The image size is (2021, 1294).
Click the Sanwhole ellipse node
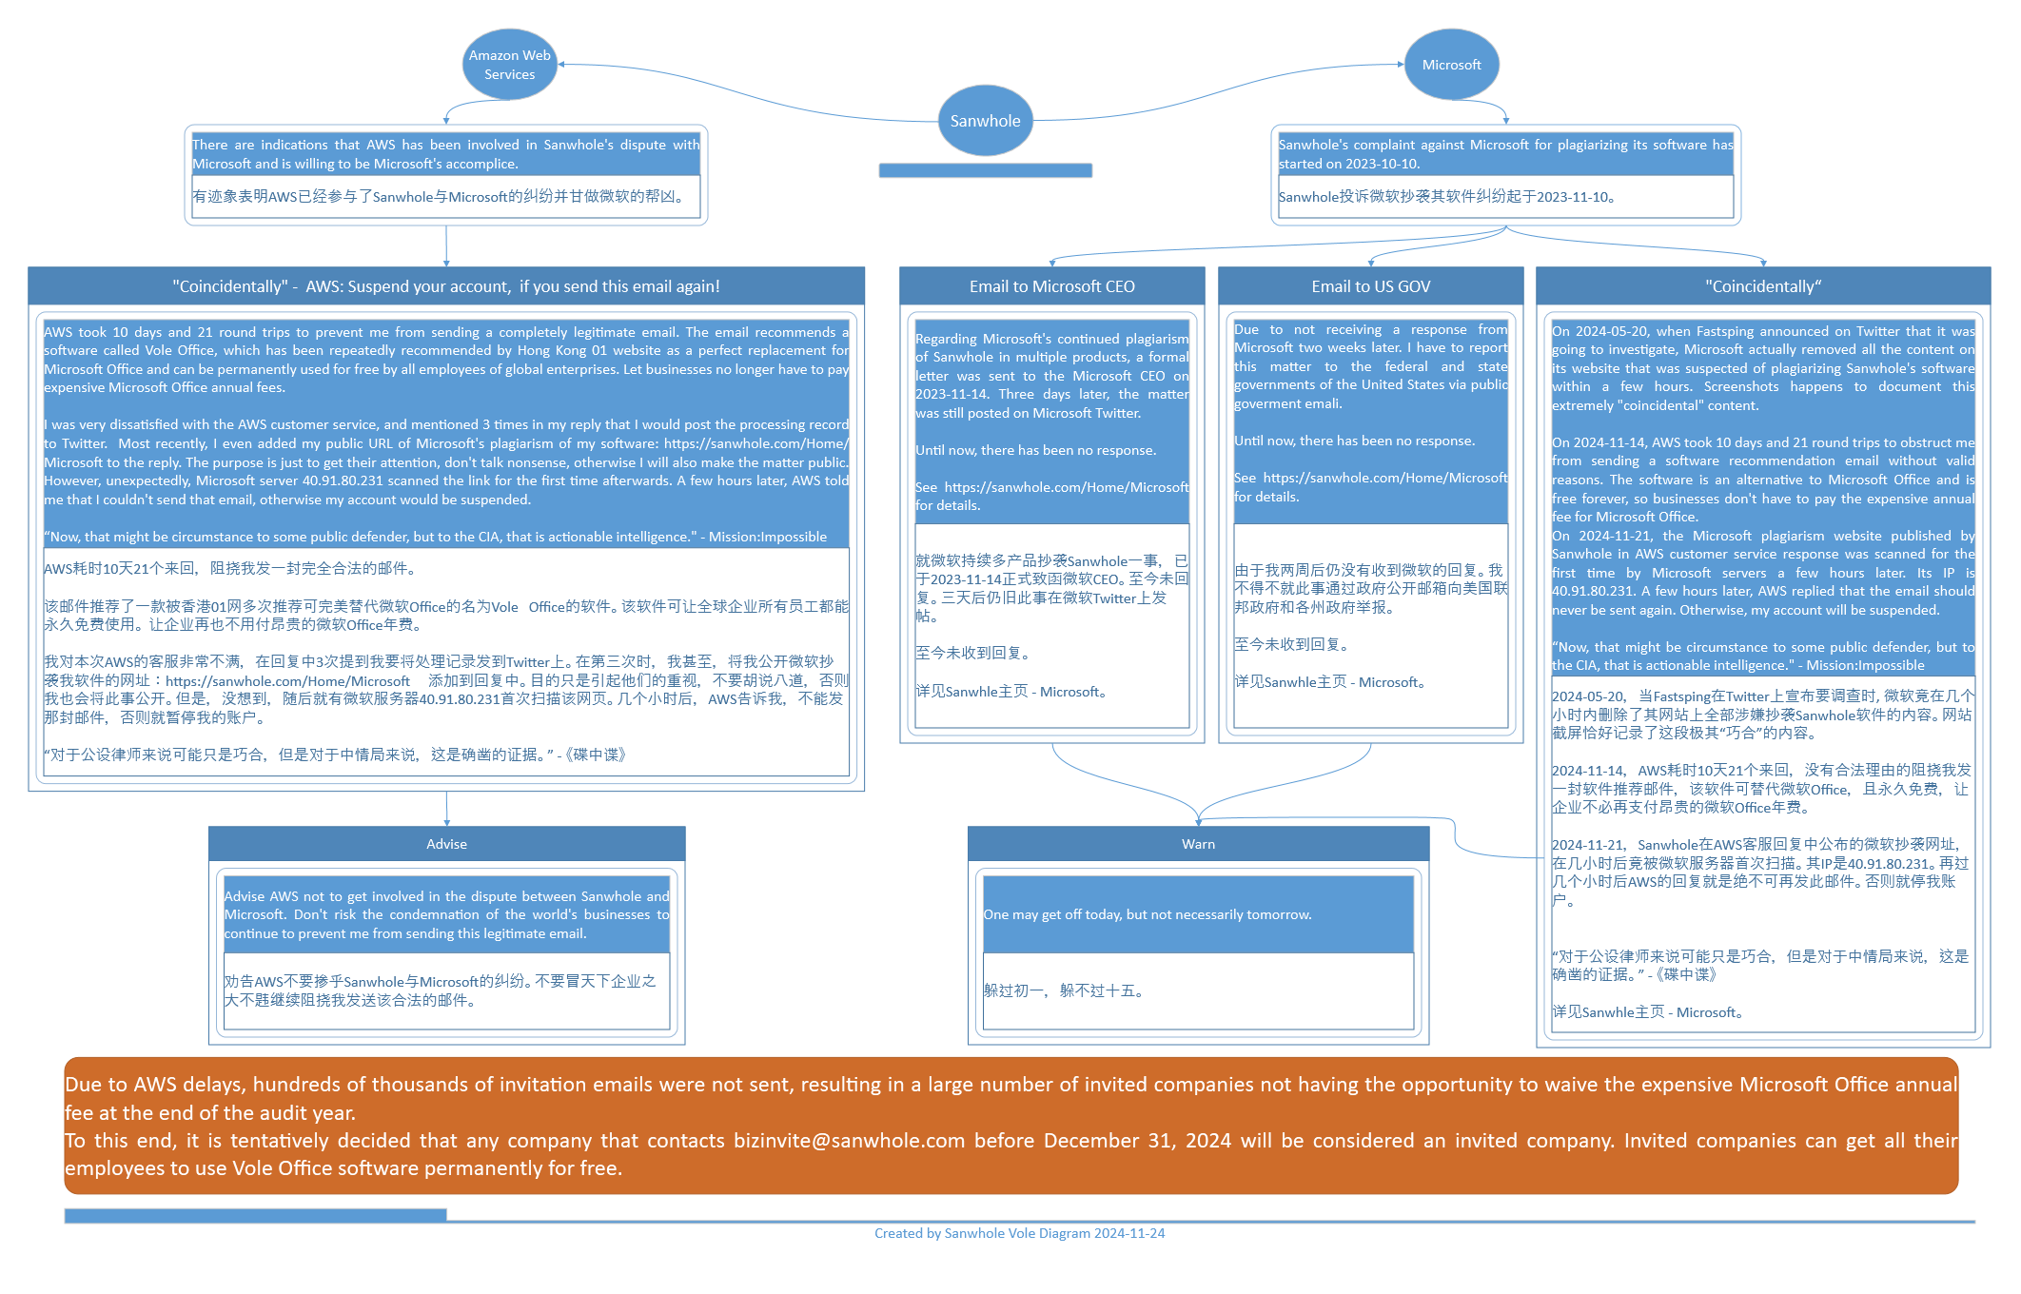point(985,121)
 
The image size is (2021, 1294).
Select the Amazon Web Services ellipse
point(509,65)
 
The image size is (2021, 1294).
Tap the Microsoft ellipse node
point(1451,65)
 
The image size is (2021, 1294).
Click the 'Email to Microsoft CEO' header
point(1051,286)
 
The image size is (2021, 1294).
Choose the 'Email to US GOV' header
point(1370,286)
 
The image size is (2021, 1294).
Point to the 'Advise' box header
point(446,844)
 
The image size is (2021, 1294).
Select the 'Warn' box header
point(1198,844)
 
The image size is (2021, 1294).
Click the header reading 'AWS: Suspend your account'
point(446,286)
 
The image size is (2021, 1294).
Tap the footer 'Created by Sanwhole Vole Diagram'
point(1019,1233)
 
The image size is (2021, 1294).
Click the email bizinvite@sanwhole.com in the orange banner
point(849,1141)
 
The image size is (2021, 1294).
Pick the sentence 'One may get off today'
point(1148,914)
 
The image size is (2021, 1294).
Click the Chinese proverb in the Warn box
point(1064,990)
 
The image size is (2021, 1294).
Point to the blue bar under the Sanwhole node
point(985,170)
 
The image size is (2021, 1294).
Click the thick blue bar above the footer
point(255,1215)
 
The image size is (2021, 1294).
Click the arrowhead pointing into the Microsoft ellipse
point(1400,64)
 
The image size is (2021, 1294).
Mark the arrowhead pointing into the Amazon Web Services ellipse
point(562,64)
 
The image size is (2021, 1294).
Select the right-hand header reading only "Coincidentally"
point(1763,286)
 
